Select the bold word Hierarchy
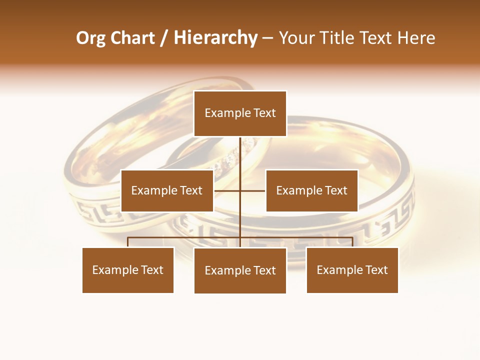tap(215, 38)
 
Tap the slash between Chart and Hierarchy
tap(164, 38)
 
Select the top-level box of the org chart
tap(240, 113)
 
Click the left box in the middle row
tap(167, 190)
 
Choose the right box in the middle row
tap(311, 190)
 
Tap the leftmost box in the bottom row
tap(128, 270)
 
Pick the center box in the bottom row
tap(240, 270)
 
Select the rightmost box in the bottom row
tap(352, 270)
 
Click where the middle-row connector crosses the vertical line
tap(240, 190)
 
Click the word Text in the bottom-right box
tap(376, 270)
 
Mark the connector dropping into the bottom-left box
tap(128, 242)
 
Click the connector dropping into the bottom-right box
tap(352, 242)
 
